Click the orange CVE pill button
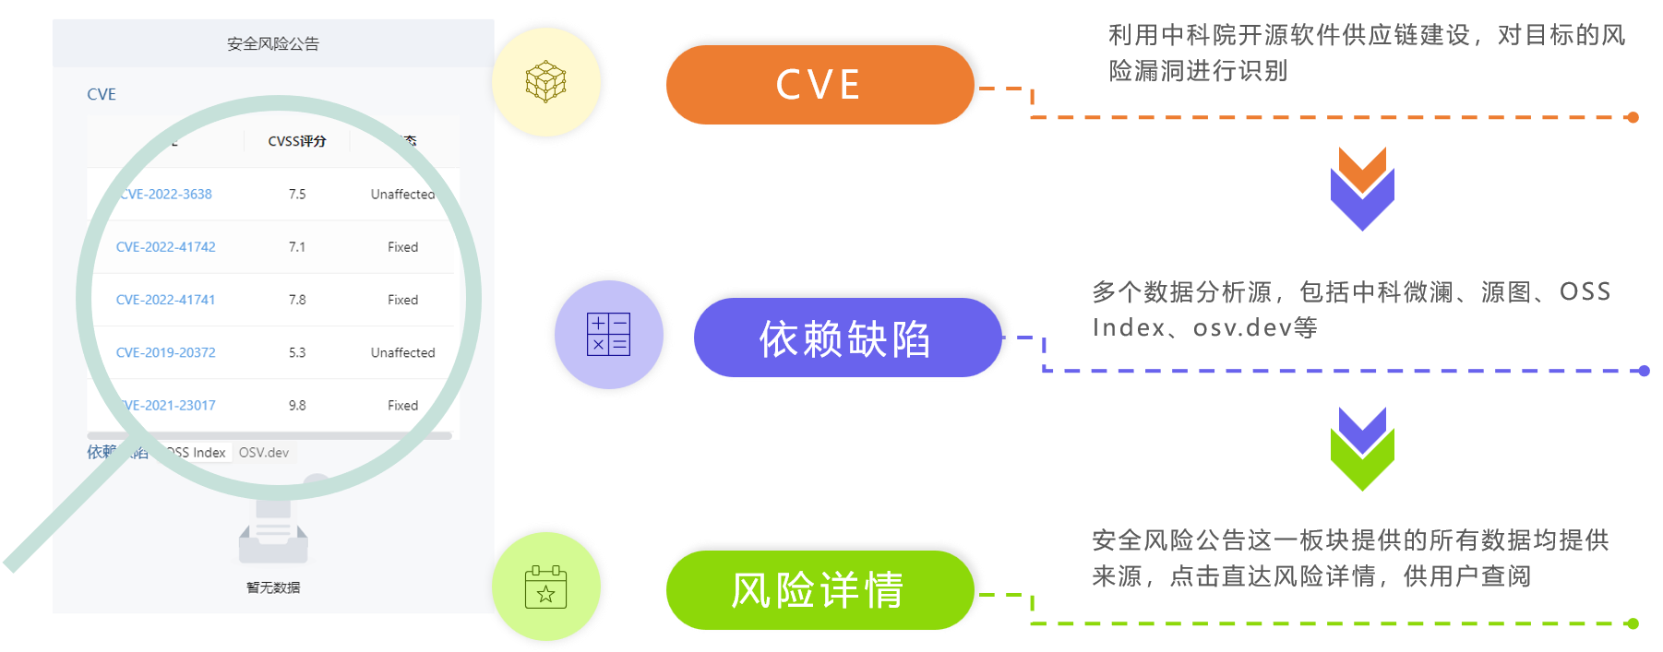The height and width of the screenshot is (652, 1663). pos(820,85)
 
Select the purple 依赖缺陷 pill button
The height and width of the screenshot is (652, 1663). pos(845,338)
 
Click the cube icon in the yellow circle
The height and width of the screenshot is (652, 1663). pos(545,81)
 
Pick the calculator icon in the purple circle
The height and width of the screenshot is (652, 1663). pos(608,334)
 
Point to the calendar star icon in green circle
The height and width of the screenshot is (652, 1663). pos(545,587)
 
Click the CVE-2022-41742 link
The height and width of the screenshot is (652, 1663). pos(166,247)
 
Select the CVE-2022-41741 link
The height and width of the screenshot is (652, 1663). pos(166,300)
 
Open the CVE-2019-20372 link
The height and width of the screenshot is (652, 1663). pos(166,352)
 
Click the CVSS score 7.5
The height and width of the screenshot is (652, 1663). pos(297,195)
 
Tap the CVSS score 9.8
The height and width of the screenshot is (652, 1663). pos(297,406)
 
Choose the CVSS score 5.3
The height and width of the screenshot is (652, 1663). pos(297,352)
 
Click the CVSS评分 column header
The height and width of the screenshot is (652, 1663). pos(297,141)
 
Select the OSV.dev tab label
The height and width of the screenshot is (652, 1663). pos(264,453)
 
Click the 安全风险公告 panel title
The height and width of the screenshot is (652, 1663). pos(273,43)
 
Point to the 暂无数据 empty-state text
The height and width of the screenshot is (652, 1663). pos(273,587)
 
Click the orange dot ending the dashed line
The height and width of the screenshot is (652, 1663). pos(1633,117)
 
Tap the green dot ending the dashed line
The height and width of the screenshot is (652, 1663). pos(1633,623)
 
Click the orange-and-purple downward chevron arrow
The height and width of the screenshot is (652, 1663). pos(1362,189)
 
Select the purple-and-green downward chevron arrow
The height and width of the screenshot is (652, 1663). pos(1362,449)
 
